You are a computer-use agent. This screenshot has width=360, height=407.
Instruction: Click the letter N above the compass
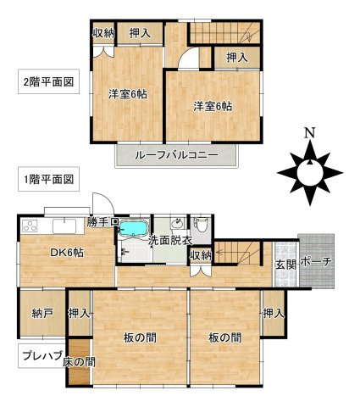point(311,133)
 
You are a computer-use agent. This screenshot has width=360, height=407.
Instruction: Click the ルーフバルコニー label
point(179,156)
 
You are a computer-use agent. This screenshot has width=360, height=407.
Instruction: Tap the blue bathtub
point(133,229)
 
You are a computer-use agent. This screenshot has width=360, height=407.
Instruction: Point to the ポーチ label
point(316,262)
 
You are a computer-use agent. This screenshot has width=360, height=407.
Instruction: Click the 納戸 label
point(42,314)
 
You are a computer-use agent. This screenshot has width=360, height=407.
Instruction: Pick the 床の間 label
point(79,362)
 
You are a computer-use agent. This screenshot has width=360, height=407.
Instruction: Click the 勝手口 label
point(101,222)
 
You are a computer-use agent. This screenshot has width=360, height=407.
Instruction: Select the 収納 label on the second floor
point(102,34)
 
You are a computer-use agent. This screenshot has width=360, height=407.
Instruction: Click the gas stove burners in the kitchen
point(31,226)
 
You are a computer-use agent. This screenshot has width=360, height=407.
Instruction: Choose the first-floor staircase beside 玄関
point(239,253)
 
